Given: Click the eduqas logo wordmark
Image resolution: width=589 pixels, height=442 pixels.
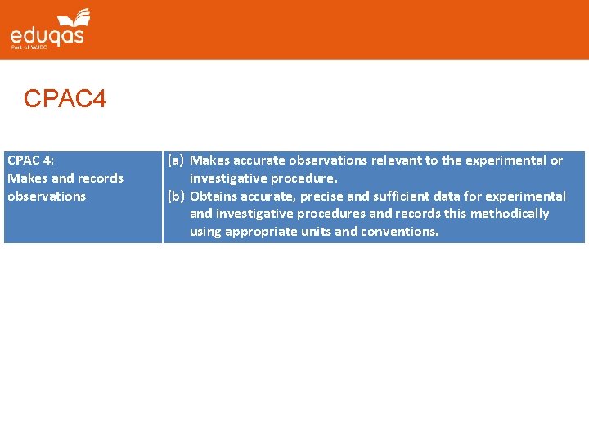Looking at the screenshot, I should tap(47, 35).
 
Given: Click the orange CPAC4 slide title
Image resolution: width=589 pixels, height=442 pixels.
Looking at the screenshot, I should tap(65, 100).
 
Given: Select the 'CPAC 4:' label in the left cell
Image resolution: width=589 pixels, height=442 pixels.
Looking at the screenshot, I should tap(31, 160).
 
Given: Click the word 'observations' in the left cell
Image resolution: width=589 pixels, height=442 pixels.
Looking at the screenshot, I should tap(47, 196).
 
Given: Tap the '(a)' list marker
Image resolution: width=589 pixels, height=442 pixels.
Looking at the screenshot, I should tap(176, 160).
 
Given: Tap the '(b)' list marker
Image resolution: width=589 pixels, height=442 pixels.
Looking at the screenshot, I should tap(176, 196).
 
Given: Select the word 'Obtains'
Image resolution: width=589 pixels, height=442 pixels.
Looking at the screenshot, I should tap(213, 196).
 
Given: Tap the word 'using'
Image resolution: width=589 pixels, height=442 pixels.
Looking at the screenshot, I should tap(205, 232).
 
